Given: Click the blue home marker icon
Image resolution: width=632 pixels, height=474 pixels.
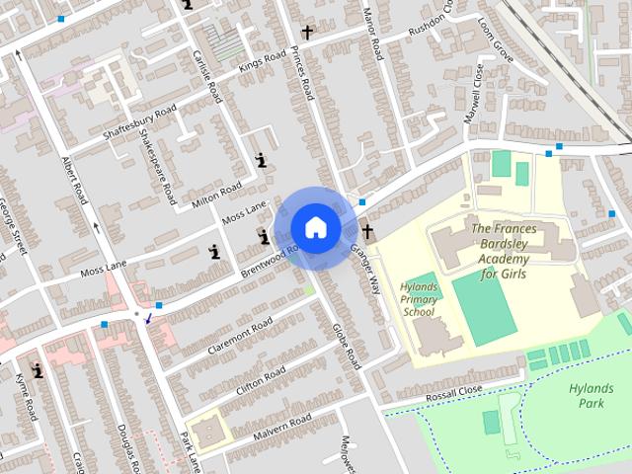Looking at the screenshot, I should (x=315, y=227).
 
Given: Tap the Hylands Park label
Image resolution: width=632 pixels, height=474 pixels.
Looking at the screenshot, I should (x=592, y=396).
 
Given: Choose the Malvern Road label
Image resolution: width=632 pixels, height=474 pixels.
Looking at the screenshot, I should (x=282, y=426).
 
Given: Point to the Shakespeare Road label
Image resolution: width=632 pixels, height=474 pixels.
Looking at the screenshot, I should (x=156, y=159).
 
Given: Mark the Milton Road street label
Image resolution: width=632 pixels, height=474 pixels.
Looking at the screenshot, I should (x=216, y=197).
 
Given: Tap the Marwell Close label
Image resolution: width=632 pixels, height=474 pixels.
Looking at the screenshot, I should (x=474, y=94).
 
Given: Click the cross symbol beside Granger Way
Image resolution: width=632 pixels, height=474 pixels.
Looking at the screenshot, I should (x=368, y=232).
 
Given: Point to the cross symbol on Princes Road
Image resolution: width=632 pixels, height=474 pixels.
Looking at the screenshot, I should (x=307, y=33).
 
